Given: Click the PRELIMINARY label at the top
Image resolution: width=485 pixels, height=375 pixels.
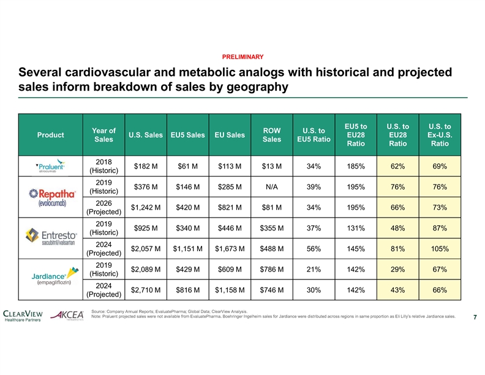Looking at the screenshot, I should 242,56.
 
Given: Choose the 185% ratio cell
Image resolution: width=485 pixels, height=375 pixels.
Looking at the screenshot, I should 356,166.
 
